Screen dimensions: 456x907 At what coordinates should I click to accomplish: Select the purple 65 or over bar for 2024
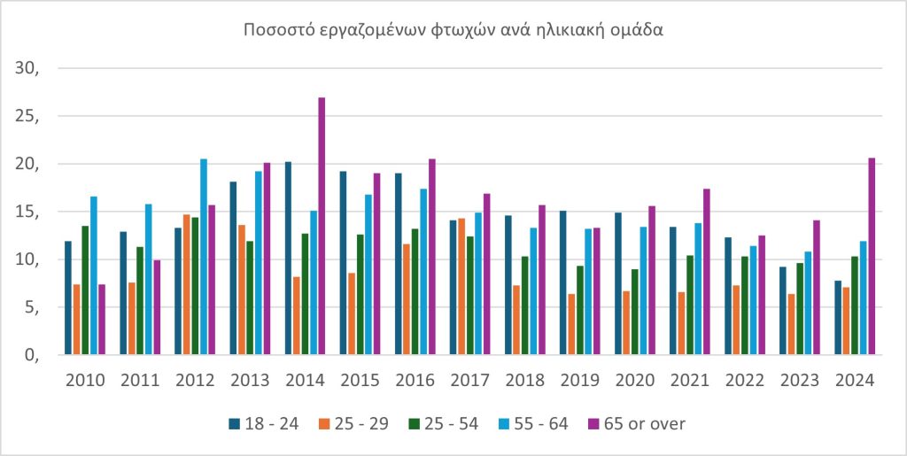pyautogui.click(x=872, y=257)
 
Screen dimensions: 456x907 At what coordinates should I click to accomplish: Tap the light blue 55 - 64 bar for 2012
pyautogui.click(x=204, y=257)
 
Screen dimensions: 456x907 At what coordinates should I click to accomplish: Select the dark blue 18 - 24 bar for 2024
pyautogui.click(x=838, y=318)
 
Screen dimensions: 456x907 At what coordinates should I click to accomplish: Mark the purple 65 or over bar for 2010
pyautogui.click(x=102, y=320)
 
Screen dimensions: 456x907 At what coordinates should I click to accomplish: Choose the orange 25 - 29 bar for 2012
pyautogui.click(x=187, y=284)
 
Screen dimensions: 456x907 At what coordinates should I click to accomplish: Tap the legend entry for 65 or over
pyautogui.click(x=638, y=423)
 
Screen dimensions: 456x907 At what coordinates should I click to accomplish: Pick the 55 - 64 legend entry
pyautogui.click(x=541, y=423)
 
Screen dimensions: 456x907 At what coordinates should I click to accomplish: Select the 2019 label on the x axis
pyautogui.click(x=580, y=381)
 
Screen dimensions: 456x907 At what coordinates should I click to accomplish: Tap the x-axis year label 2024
pyautogui.click(x=855, y=381)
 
